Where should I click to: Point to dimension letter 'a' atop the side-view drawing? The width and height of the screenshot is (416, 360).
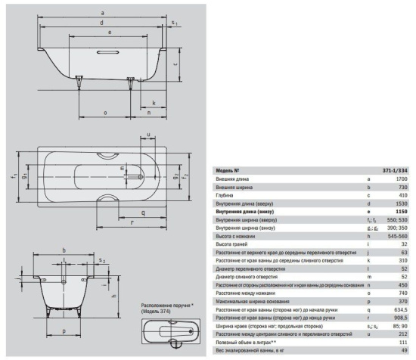coord(101,12)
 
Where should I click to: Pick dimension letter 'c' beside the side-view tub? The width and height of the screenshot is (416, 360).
coord(175,65)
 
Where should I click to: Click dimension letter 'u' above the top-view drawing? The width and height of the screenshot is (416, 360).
coord(148,135)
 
